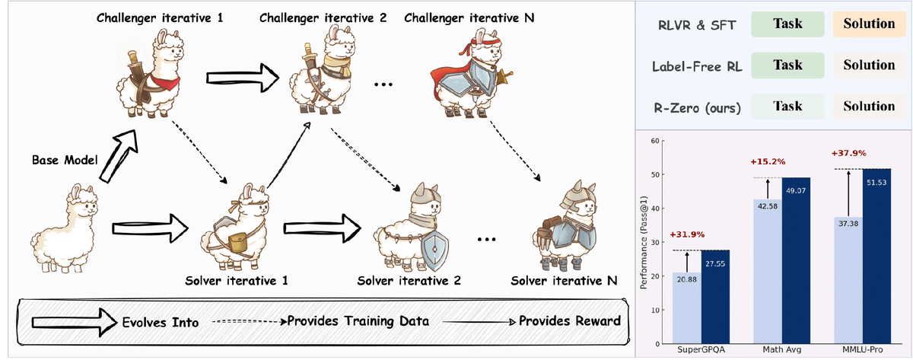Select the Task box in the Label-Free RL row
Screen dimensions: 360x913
click(x=787, y=65)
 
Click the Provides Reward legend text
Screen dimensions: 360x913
click(x=569, y=321)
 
